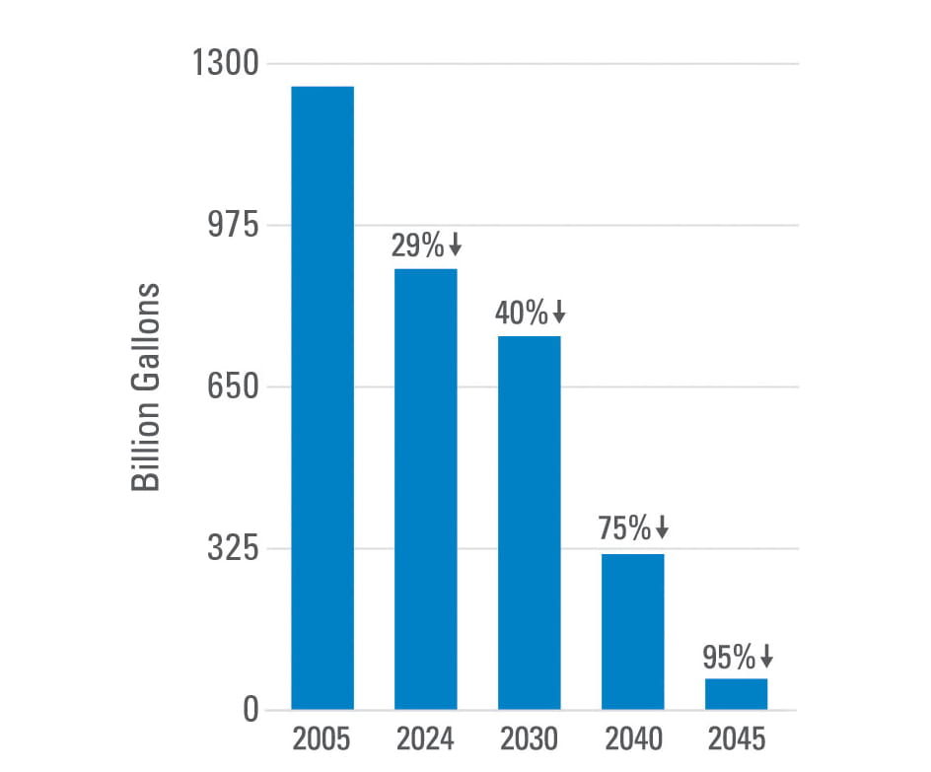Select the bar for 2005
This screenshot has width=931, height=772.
click(x=322, y=397)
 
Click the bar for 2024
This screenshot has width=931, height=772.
click(x=425, y=489)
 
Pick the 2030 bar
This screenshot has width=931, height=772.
click(x=529, y=523)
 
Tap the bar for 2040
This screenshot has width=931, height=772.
click(x=632, y=632)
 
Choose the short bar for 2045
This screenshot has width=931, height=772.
click(x=736, y=694)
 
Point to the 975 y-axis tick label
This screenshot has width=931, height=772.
click(x=230, y=226)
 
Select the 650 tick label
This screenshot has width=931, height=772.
click(x=230, y=387)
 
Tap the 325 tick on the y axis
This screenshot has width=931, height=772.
click(x=230, y=549)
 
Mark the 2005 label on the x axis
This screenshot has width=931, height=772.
click(x=322, y=738)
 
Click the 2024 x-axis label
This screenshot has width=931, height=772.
click(x=425, y=738)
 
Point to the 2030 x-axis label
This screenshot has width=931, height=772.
click(x=529, y=738)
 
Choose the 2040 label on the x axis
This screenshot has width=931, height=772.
click(x=632, y=738)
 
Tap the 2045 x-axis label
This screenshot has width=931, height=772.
click(x=736, y=738)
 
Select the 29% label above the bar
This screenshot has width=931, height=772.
click(x=418, y=246)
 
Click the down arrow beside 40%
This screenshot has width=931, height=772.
click(x=559, y=314)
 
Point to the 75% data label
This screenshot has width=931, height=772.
click(x=624, y=528)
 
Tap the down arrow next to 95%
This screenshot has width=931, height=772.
click(x=766, y=657)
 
